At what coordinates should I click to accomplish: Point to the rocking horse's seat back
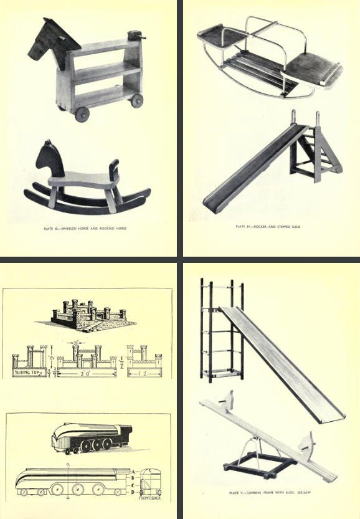point(114,171)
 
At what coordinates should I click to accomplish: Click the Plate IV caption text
point(268,226)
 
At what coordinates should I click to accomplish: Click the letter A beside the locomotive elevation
point(134,472)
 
